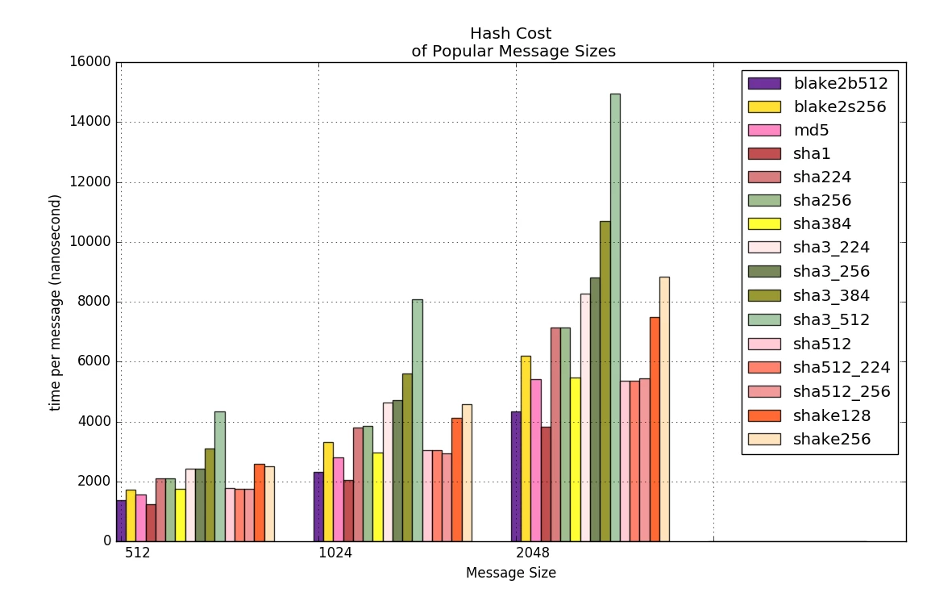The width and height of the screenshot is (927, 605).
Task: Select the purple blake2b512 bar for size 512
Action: [121, 520]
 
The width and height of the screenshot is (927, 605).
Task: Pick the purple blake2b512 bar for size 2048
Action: [516, 476]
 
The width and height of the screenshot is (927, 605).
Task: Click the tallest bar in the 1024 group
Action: [418, 419]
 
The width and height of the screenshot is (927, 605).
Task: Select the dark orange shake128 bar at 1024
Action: [456, 479]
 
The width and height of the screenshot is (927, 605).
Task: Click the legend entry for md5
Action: [811, 130]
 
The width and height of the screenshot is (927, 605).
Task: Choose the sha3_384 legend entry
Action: [831, 296]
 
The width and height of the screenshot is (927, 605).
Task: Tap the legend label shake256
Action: [831, 440]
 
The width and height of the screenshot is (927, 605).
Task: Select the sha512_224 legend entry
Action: [842, 368]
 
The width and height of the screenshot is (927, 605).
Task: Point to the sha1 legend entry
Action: [812, 153]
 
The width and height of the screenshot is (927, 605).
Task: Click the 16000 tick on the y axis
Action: [90, 63]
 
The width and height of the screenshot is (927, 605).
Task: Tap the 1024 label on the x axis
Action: [335, 553]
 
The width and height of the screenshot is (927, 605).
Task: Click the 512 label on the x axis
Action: [138, 553]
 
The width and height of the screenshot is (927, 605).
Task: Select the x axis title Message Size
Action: [511, 573]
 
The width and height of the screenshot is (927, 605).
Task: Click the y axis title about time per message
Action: [56, 302]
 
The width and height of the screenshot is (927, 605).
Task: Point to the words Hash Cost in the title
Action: [511, 34]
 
